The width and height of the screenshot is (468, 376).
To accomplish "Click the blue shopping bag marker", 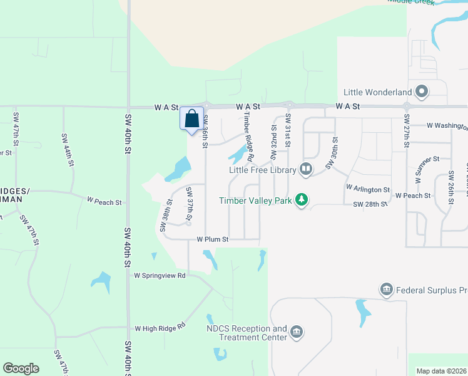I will pos(192,118).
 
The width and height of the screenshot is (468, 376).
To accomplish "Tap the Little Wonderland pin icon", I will pos(422,92).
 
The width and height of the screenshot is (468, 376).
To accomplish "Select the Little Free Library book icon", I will pos(306,168).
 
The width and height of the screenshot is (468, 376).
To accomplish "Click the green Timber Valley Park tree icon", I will pos(302,200).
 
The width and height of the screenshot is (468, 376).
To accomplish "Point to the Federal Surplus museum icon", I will pos(386,290).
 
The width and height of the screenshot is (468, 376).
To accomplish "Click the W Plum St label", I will pos(213,239).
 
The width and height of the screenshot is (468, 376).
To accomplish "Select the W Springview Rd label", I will pos(160,275).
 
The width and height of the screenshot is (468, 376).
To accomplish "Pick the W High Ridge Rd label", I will pos(161,327).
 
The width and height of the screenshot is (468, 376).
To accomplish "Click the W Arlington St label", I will pos(367,189).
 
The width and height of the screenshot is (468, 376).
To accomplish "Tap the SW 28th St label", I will pos(370,204).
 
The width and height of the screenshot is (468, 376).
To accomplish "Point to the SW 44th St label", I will pos(68,150).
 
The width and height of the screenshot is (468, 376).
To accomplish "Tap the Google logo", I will pos(21,368).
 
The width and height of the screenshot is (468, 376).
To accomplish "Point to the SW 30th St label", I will pos(331,153).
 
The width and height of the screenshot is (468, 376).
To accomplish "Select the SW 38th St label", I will pos(166,216).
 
